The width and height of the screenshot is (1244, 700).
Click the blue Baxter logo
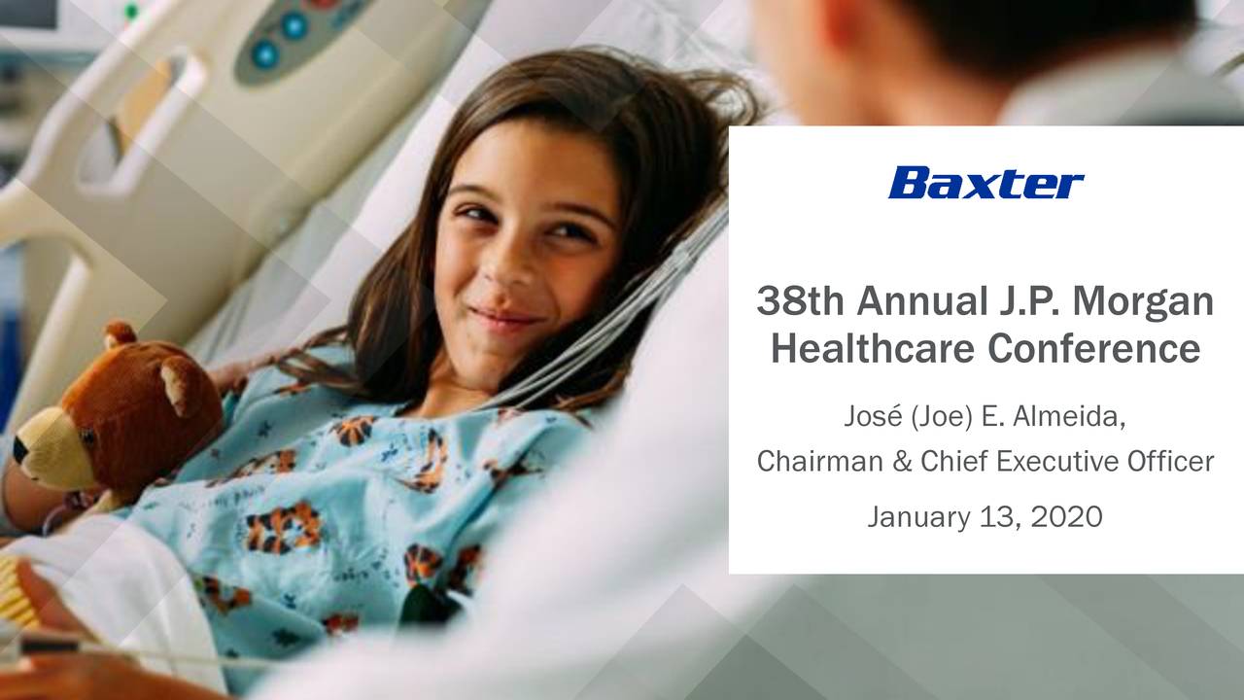click(985, 183)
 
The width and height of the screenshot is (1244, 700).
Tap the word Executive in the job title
click(1054, 461)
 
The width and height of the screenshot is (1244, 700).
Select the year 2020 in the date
click(1066, 516)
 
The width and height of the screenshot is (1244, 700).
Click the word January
click(918, 516)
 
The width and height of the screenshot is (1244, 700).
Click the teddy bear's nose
click(20, 450)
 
